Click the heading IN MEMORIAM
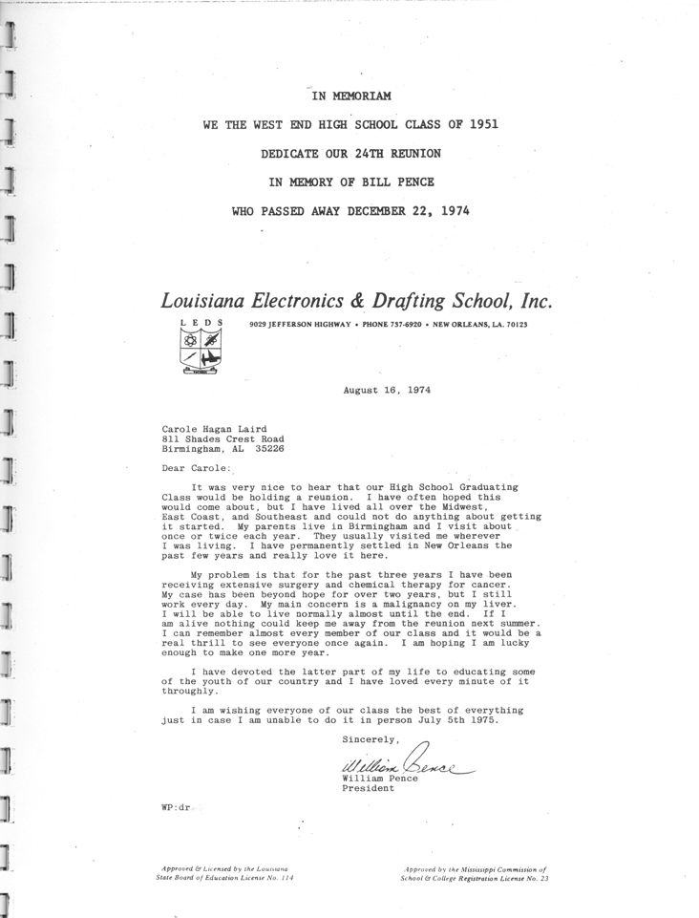point(351,95)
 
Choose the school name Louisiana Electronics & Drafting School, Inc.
point(356,299)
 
